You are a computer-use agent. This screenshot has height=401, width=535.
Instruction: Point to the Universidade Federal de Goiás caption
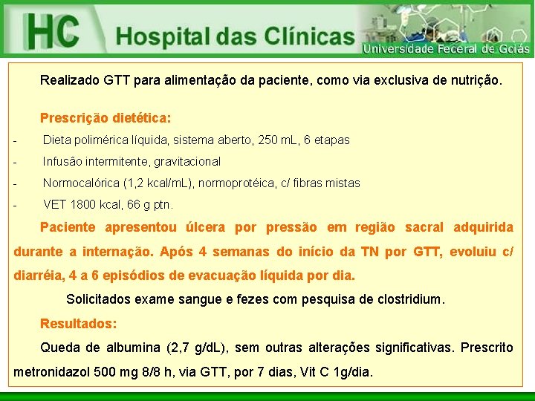[446, 49]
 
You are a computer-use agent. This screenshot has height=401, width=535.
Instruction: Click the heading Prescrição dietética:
[106, 118]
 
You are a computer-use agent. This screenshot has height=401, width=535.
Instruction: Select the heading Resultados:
[78, 324]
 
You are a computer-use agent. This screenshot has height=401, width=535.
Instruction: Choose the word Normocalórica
[81, 183]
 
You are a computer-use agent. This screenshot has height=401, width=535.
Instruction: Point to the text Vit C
[314, 371]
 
